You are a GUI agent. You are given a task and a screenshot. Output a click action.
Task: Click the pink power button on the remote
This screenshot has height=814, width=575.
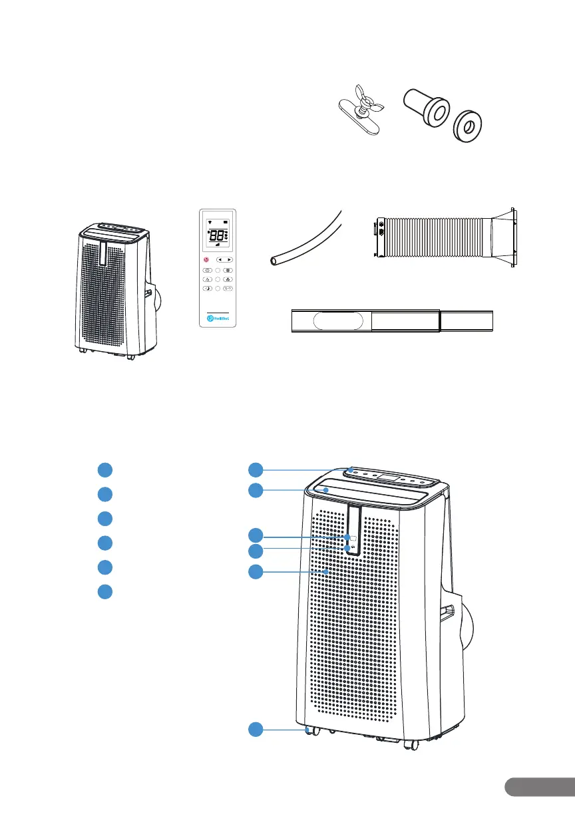coord(207,259)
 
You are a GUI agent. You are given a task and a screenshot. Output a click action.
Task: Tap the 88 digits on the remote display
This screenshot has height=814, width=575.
coord(216,236)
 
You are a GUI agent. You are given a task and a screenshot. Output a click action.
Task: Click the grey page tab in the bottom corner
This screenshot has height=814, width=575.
coord(539,787)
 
